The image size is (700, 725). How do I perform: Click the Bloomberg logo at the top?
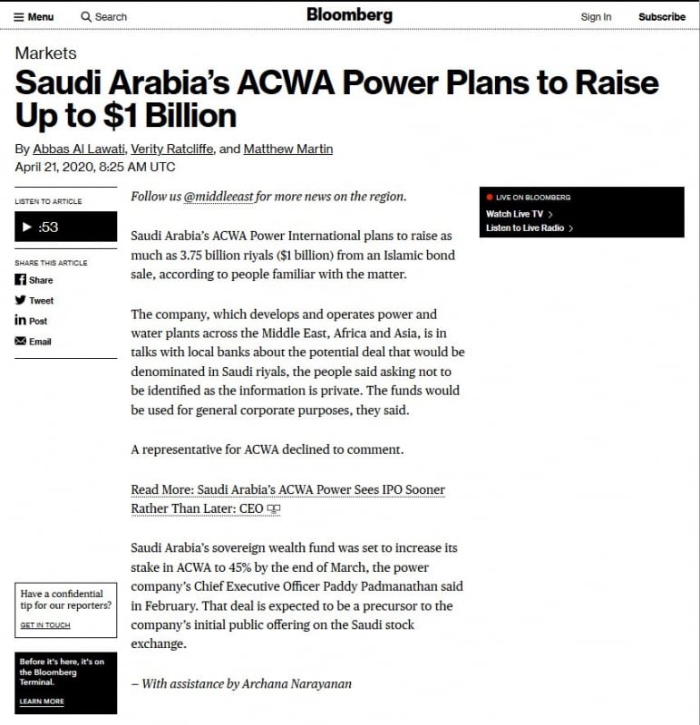click(x=349, y=14)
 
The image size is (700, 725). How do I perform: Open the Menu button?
click(x=34, y=16)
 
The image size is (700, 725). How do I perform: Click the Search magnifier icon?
click(x=86, y=16)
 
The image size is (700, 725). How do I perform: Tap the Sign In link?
click(x=596, y=16)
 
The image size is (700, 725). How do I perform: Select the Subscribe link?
click(x=662, y=16)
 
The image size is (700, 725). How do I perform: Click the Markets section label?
click(x=45, y=53)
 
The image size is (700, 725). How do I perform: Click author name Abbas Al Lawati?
click(x=79, y=149)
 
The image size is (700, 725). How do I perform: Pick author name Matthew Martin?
click(x=288, y=149)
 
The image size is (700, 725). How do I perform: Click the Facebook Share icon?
click(x=21, y=280)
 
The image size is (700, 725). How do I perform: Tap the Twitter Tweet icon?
click(x=21, y=300)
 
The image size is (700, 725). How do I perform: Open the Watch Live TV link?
click(x=515, y=214)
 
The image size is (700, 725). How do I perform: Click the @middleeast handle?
click(x=218, y=197)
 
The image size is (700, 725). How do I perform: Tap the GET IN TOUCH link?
click(x=44, y=625)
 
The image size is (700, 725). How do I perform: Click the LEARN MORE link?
click(x=42, y=701)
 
